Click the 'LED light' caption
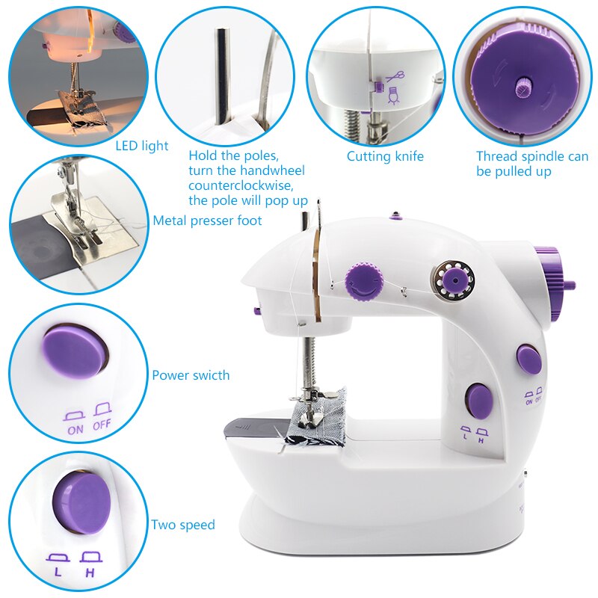[x=141, y=147]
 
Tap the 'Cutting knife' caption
[x=385, y=157]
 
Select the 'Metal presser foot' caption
[x=208, y=221]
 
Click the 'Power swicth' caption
[x=191, y=375]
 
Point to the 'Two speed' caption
[x=182, y=525]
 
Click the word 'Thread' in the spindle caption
[x=497, y=157]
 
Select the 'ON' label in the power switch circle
[x=75, y=429]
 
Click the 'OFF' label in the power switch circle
[x=101, y=429]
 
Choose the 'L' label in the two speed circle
[x=58, y=572]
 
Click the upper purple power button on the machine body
[x=529, y=360]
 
